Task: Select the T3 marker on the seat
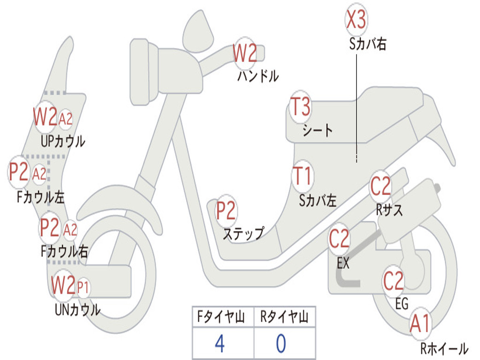tap(300, 107)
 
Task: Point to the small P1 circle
tap(82, 286)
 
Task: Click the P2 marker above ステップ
tap(226, 211)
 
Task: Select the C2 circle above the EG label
tap(394, 280)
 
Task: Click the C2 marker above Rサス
tap(381, 186)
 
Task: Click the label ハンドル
tap(258, 76)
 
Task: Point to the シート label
tap(318, 130)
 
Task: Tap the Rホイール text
tap(444, 348)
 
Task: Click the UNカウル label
tap(78, 309)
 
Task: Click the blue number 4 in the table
tap(219, 344)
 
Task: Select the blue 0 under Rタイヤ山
tap(281, 344)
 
